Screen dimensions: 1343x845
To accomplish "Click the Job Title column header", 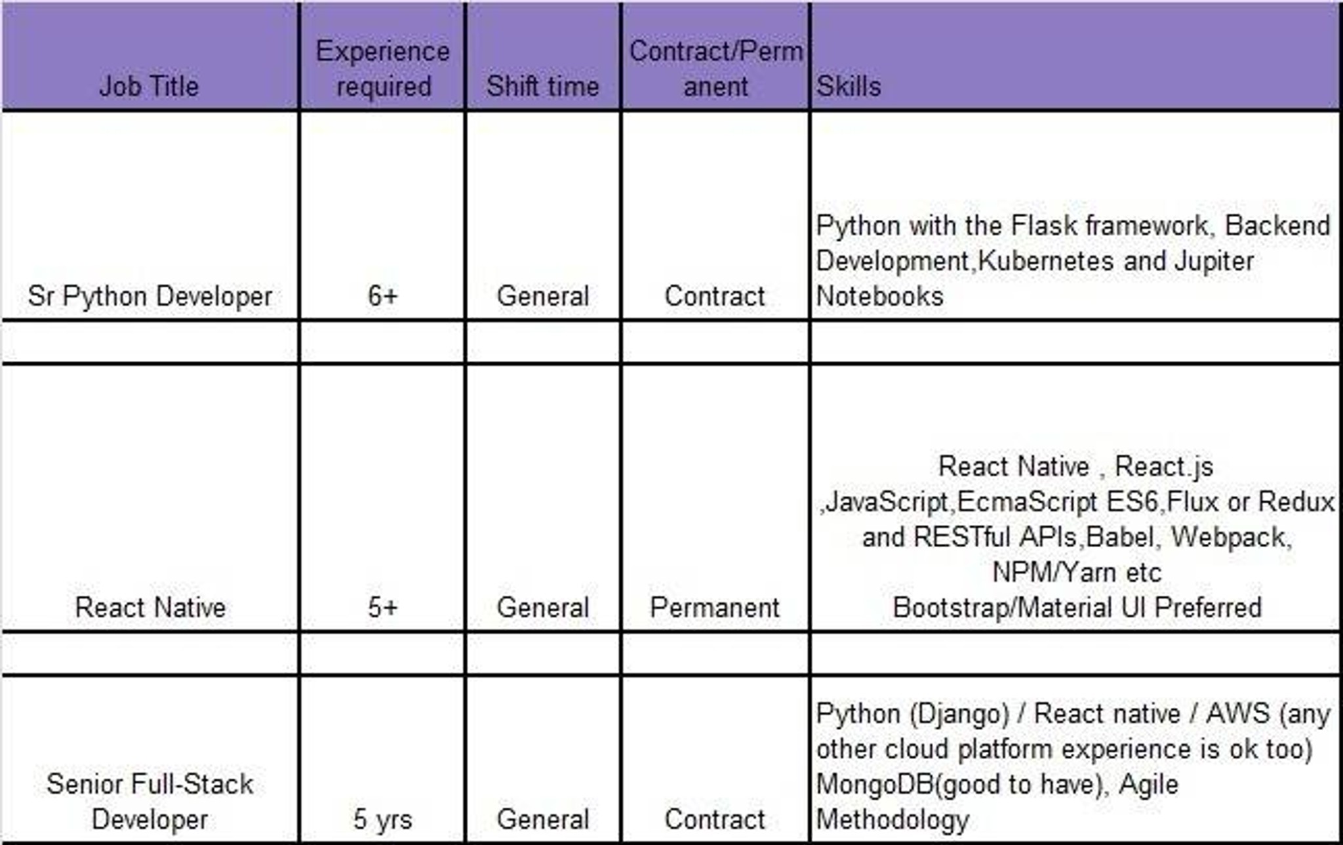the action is click(149, 86).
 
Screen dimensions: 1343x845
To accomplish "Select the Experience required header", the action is click(383, 69).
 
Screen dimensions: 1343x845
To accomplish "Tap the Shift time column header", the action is click(543, 86).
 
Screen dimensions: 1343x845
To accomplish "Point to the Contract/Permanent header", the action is click(716, 69).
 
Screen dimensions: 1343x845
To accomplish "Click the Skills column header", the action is click(849, 86).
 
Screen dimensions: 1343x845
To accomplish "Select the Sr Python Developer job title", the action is click(150, 297).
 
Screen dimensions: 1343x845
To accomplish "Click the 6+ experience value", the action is click(383, 296).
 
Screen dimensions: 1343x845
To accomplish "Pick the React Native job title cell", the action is click(150, 608).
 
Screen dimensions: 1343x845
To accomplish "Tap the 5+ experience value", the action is click(383, 608).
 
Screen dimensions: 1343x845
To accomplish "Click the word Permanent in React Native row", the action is click(715, 608).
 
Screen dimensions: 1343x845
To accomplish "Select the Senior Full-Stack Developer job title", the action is click(150, 802).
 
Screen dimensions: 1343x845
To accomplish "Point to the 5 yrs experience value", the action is click(383, 819).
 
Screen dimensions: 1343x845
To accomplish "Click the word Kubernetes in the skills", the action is click(1047, 261).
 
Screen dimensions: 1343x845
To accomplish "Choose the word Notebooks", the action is click(879, 297).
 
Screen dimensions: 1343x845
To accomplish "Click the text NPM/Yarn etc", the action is click(1077, 573).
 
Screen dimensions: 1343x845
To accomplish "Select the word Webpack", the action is click(1232, 537).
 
